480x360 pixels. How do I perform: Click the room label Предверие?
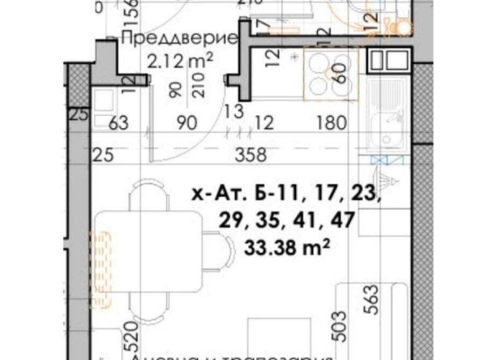tap(178, 38)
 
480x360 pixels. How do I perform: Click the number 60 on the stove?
tap(338, 81)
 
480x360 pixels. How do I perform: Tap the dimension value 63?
tap(118, 122)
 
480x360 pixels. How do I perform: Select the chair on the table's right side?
tap(216, 247)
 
